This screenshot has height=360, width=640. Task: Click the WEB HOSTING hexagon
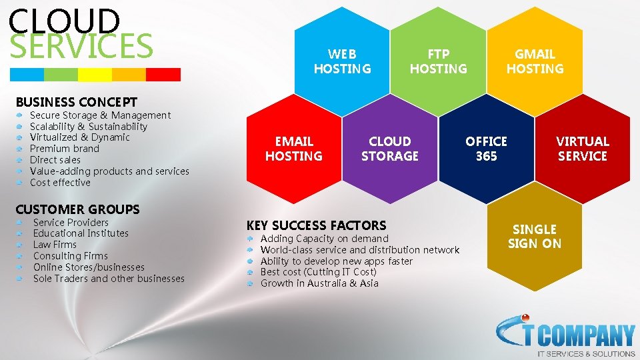point(342,61)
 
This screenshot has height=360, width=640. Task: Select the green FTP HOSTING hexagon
point(438,61)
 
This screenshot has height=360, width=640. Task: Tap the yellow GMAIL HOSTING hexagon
point(535,61)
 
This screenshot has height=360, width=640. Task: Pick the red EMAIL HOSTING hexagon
point(294,149)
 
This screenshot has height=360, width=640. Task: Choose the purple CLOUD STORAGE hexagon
point(390,149)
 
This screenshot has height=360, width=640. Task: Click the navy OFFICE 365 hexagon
point(486,149)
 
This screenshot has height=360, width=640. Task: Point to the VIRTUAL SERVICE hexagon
point(583,149)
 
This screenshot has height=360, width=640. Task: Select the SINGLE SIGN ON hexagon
point(535,237)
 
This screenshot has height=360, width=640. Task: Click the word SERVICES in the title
point(81,45)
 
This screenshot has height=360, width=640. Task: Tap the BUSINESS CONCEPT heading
point(76,102)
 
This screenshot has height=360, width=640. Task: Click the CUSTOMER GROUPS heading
point(77,209)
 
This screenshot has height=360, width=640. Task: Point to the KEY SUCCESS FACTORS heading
point(316,225)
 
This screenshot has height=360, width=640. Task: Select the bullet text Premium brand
point(65,149)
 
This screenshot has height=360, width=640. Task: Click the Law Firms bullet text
point(55,245)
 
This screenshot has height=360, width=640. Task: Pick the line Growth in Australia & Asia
point(319,283)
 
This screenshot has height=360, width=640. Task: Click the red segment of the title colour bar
point(163,74)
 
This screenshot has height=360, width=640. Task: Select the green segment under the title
point(61,74)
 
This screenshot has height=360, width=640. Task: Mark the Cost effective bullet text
point(60,183)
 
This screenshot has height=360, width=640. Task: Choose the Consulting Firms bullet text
point(70,256)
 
